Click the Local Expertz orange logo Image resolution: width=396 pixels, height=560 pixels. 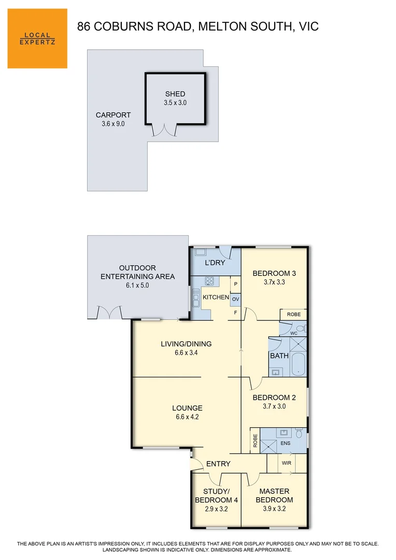pos(37,38)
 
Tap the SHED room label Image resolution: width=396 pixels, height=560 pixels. pos(175,94)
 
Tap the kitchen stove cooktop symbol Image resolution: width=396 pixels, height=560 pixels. pos(210,282)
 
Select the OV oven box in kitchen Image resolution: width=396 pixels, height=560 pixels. pos(235,300)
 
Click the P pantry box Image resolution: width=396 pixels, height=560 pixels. pos(235,285)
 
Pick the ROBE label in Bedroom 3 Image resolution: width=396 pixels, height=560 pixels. pos(293,315)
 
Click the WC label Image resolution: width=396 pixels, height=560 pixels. pos(293,333)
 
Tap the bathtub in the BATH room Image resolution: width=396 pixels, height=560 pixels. pos(298,364)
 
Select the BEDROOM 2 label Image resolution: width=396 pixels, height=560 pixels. pos(274,398)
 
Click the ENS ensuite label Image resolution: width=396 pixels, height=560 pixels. pos(285,444)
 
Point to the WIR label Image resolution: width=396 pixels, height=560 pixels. pos(287,462)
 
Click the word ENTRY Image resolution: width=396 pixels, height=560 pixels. pos(218,464)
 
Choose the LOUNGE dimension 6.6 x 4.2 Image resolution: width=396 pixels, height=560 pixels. pos(187,417)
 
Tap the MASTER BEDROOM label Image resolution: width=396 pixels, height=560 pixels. pos(274,496)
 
